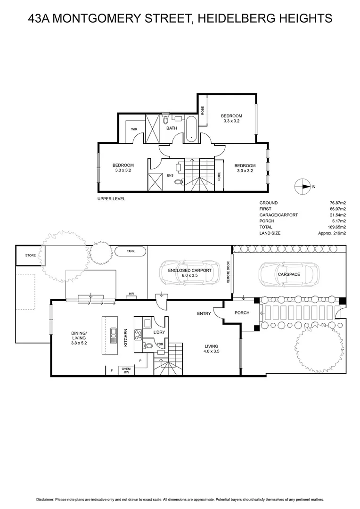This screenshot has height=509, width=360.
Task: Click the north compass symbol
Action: [302, 187]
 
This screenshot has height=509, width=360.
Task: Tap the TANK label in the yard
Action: [131, 252]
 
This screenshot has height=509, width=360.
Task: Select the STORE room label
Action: [30, 255]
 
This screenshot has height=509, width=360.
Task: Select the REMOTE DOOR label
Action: [228, 272]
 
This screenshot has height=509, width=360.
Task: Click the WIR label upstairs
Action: [134, 129]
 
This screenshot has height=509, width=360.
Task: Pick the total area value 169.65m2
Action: [337, 227]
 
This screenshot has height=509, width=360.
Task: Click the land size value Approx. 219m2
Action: [333, 233]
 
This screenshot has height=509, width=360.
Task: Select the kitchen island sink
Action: [113, 336]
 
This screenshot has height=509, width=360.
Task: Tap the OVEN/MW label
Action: [126, 370]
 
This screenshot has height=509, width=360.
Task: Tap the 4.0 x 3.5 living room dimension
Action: [211, 351]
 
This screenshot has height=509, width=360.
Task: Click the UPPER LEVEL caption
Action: [111, 198]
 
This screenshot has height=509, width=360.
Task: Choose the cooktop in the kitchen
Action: [139, 335]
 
